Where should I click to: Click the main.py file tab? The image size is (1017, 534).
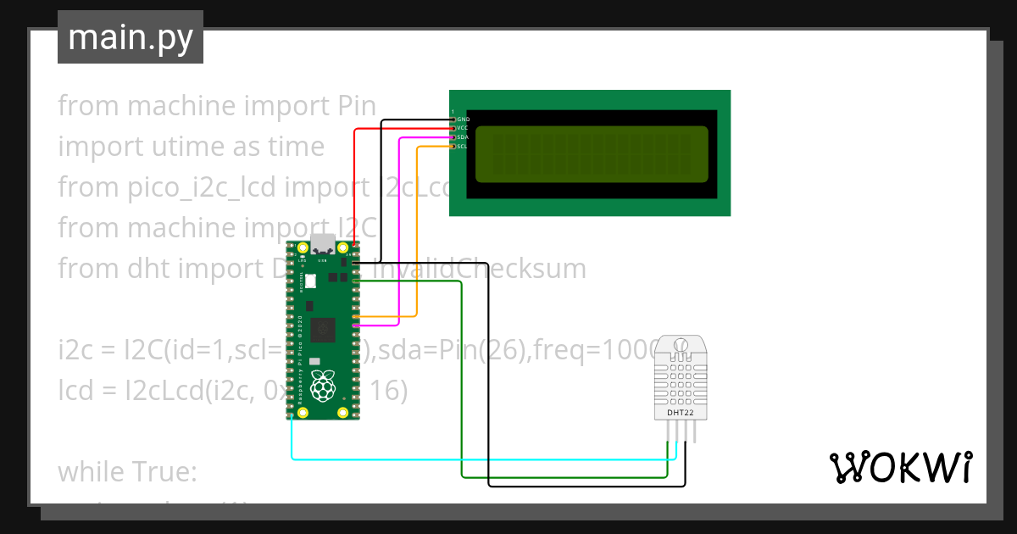[130, 37]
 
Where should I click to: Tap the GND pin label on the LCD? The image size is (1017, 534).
[463, 120]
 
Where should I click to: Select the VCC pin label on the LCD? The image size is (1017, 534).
[463, 128]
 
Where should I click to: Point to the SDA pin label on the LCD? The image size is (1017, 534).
[463, 136]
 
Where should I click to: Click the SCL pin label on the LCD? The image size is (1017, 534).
[463, 146]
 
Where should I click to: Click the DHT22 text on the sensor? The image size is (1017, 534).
[681, 413]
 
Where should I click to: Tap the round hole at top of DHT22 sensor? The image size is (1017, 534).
[680, 346]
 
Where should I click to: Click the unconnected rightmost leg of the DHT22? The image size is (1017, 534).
[694, 432]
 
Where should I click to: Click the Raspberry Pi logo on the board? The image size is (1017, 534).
[321, 387]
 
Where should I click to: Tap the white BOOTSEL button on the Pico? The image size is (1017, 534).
[310, 281]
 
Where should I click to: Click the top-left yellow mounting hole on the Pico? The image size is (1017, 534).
[301, 248]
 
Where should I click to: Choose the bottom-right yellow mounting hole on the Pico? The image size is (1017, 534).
[342, 413]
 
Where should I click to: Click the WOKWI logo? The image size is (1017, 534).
[900, 467]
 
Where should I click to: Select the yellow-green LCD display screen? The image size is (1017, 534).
[591, 154]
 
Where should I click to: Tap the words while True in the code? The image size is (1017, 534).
[127, 471]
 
